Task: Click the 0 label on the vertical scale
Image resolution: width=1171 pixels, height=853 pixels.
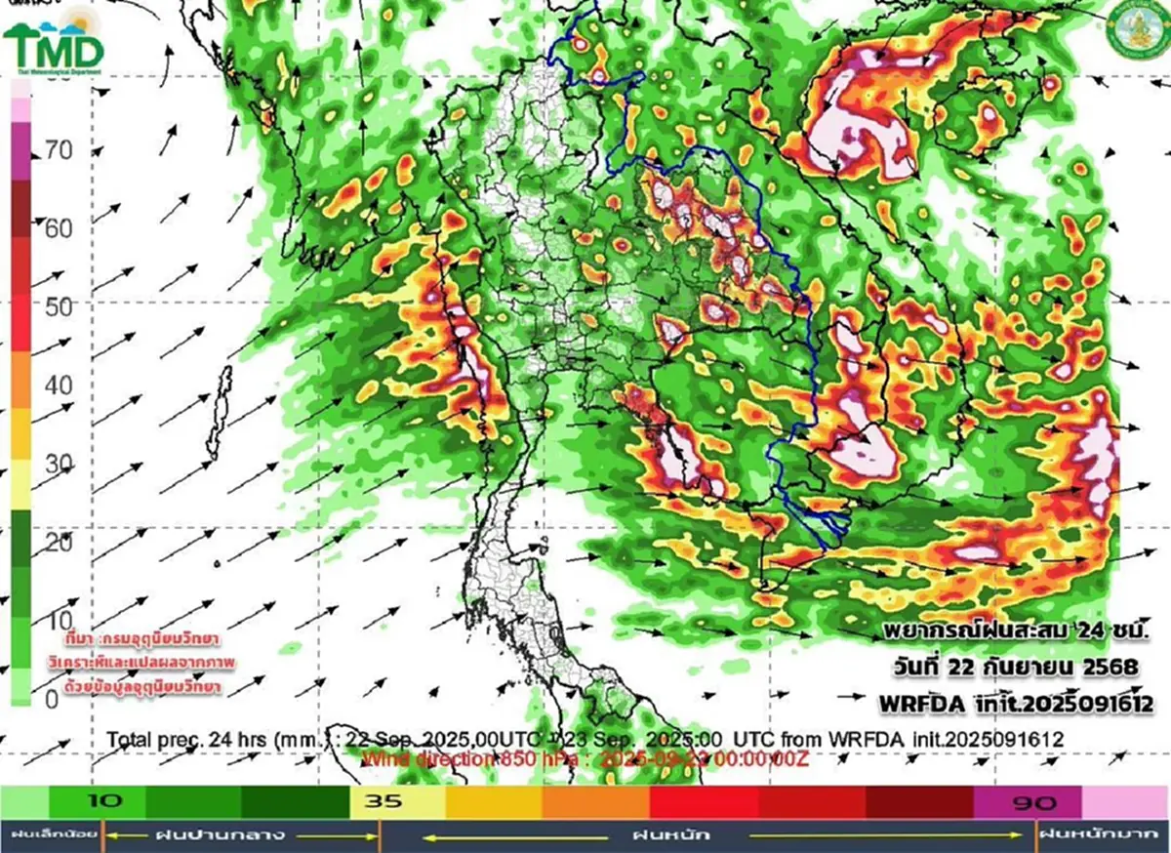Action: (x=51, y=699)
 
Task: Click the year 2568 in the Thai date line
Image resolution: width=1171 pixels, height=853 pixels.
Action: (x=1111, y=668)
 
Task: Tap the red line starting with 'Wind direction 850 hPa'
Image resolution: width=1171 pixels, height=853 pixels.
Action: (x=585, y=758)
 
